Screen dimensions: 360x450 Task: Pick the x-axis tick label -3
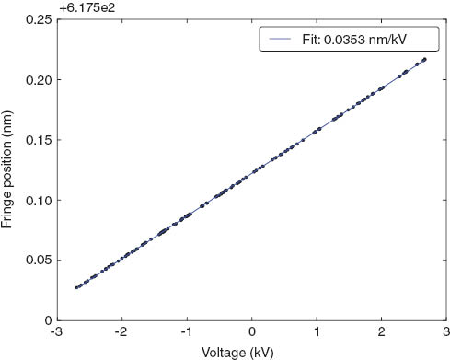point(56,331)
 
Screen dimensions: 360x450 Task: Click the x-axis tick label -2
point(121,331)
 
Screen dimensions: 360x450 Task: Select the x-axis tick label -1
point(185,331)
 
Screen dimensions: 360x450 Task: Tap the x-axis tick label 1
point(317,331)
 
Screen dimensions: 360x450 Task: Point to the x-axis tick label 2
point(382,331)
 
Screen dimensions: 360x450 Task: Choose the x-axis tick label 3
point(445,331)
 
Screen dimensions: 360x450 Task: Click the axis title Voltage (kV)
point(251,351)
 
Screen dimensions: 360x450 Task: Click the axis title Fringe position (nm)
point(9,170)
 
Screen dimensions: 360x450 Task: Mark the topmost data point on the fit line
point(424,60)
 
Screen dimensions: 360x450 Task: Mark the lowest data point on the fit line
point(77,287)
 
